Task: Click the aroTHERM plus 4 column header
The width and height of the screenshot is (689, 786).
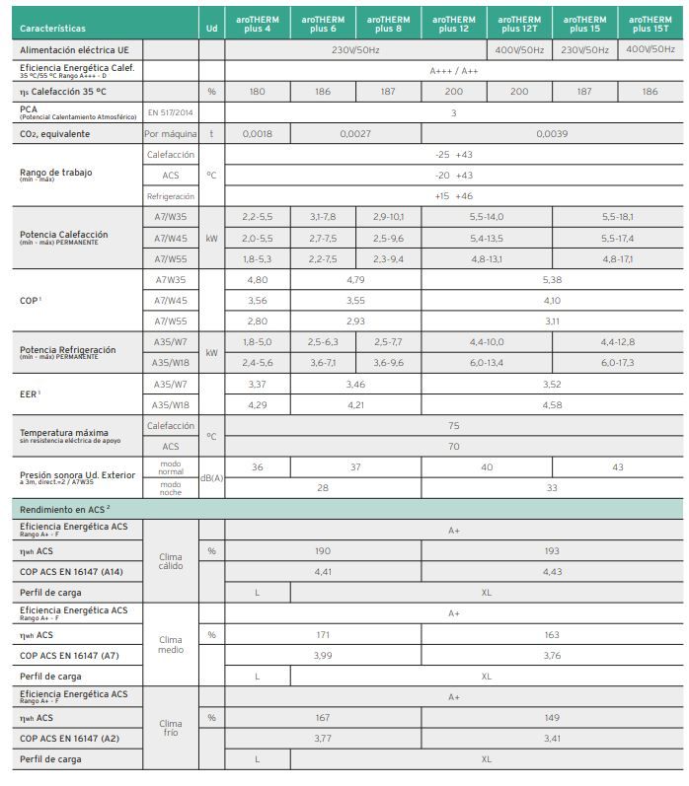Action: point(257,25)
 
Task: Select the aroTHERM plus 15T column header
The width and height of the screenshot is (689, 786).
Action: point(651,25)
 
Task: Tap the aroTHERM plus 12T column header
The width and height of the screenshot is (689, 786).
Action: point(519,25)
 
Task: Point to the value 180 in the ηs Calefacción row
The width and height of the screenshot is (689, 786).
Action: point(257,91)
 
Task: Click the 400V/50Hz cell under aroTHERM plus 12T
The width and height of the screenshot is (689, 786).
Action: point(519,49)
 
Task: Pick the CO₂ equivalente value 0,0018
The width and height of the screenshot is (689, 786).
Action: point(257,132)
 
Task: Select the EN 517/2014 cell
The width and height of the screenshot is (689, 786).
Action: point(170,112)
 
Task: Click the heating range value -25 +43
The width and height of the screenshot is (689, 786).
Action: point(453,155)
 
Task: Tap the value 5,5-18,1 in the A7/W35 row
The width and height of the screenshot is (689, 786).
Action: point(617,216)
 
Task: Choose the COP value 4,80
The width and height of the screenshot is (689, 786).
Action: point(257,279)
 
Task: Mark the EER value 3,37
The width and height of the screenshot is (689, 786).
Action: point(257,384)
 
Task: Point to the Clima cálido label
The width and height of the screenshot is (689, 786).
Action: point(170,561)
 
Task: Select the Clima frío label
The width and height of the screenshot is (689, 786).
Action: point(170,729)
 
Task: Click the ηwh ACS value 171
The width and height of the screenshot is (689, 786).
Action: point(322,634)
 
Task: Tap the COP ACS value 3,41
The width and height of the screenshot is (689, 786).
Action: point(552,738)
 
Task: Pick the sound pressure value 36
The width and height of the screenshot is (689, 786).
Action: point(257,466)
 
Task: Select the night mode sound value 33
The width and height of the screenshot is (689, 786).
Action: point(552,487)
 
